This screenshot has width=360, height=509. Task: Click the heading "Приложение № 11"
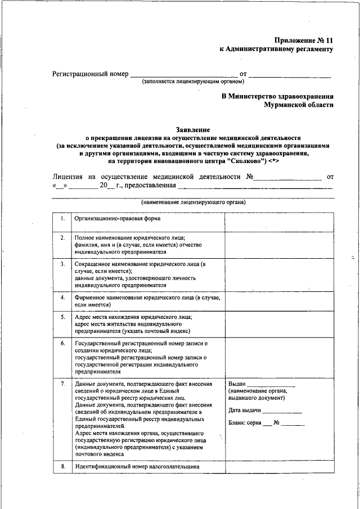tap(304, 40)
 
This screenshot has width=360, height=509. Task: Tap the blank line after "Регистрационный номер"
tap(184, 74)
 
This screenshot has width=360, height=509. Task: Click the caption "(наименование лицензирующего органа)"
tap(193, 202)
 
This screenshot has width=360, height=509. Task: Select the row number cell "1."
tap(62, 218)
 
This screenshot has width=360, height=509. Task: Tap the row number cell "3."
tap(62, 263)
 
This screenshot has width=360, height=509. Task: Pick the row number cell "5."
tap(62, 317)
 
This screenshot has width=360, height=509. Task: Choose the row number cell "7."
tap(62, 384)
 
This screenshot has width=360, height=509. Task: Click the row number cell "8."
tap(62, 467)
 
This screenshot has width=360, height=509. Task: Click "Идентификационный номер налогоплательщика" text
tap(137, 467)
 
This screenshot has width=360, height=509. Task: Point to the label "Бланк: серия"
tap(245, 423)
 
